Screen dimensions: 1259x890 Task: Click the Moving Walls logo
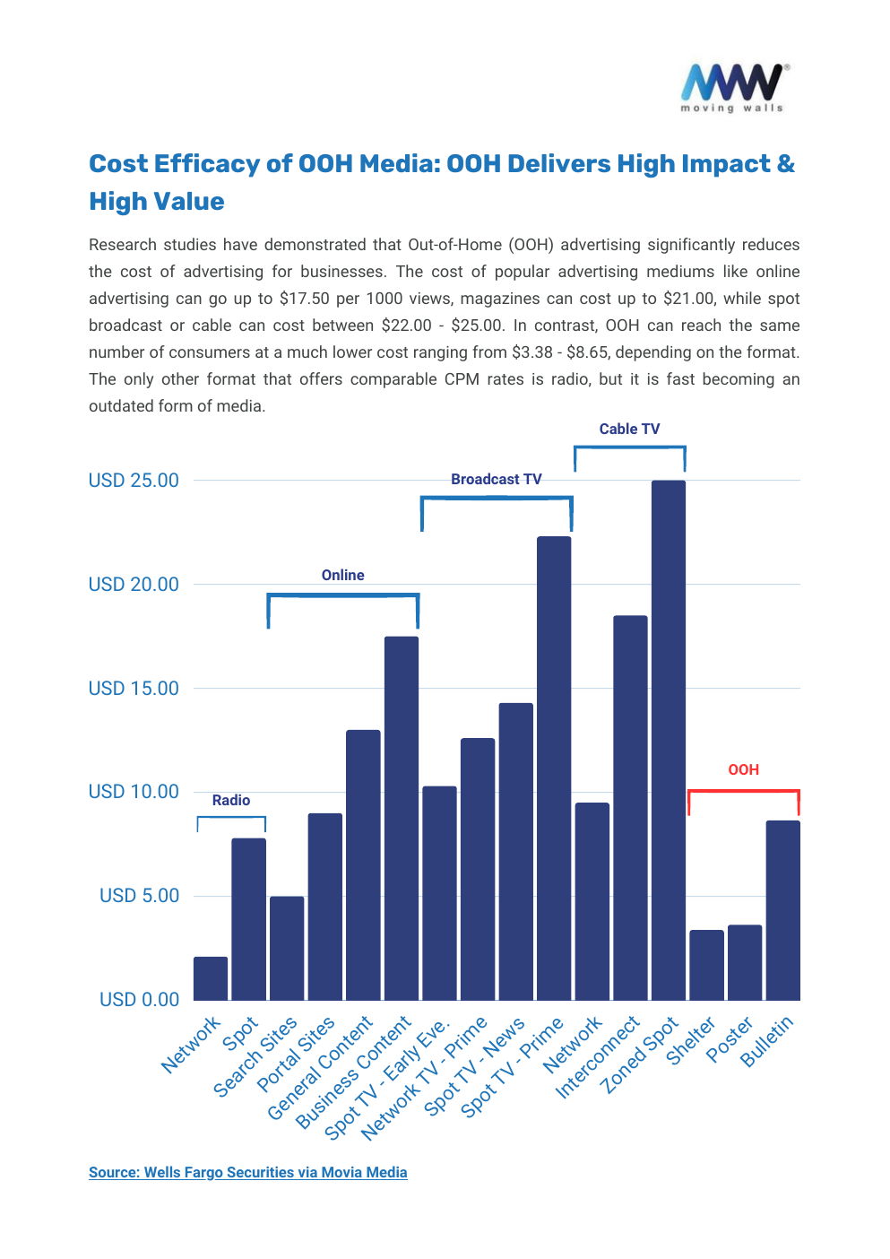click(x=733, y=87)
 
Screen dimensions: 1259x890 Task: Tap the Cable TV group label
click(x=629, y=429)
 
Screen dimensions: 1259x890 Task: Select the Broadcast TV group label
click(x=496, y=479)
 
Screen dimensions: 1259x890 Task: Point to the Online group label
click(x=342, y=575)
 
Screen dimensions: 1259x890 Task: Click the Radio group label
click(x=230, y=800)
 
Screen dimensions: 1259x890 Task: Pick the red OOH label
click(x=743, y=769)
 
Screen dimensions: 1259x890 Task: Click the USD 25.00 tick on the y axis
click(x=134, y=481)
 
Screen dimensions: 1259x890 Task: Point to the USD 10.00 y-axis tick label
click(x=134, y=792)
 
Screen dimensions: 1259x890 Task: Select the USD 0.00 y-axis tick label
click(x=139, y=999)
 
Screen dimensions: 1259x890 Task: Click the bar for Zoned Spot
click(x=668, y=740)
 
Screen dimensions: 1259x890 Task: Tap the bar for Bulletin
click(x=782, y=910)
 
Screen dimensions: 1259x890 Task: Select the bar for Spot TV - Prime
click(x=553, y=768)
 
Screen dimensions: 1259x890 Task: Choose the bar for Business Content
click(x=401, y=818)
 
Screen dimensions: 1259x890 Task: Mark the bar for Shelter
click(x=706, y=965)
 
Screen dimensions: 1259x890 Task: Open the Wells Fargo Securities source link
click(x=247, y=1172)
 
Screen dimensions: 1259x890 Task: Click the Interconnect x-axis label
click(x=598, y=1056)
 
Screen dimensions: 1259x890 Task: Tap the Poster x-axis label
click(x=730, y=1040)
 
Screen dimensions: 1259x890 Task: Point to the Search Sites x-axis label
click(x=255, y=1056)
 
